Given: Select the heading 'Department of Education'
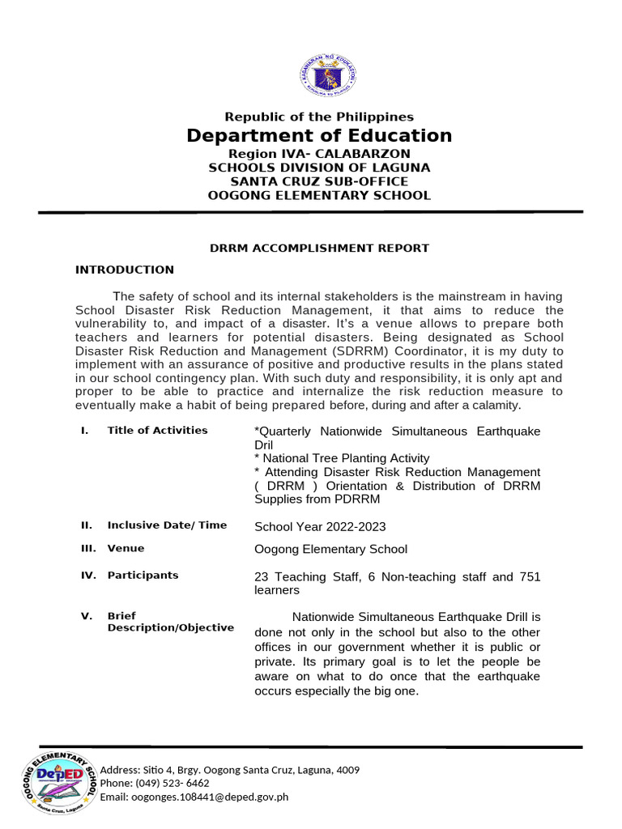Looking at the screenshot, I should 319,135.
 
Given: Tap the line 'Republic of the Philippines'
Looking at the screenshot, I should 319,117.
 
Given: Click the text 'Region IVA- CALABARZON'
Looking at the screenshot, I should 319,154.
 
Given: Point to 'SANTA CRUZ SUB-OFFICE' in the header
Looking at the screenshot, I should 319,181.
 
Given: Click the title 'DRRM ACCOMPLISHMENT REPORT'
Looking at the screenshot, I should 319,248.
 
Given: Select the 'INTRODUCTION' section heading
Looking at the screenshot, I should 124,270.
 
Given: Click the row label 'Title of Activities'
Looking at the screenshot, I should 157,431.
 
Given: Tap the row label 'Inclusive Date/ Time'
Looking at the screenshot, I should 167,525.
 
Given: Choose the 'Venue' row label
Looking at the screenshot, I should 126,549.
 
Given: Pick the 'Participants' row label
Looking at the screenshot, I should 143,576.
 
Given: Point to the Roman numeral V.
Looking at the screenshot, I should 86,616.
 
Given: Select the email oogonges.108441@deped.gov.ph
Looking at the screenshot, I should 194,797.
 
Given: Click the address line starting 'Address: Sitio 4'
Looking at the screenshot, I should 230,770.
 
